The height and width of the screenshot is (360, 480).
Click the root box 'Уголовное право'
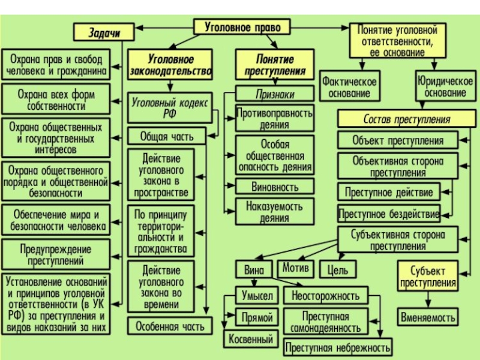pos(242,27)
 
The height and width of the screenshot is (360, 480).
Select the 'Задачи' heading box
pos(104,33)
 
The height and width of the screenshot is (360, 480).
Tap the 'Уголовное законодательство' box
pos(170,66)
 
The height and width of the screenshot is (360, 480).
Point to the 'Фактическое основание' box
pos(349,87)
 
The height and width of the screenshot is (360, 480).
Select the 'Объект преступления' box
pos(398,141)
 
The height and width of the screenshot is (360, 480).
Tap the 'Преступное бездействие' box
pos(389,213)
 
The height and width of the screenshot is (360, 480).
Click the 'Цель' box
pos(338,269)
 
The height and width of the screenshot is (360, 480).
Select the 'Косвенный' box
pos(251,340)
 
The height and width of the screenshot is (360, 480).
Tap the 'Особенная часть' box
pos(170,326)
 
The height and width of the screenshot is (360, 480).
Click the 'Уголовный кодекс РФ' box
pos(170,108)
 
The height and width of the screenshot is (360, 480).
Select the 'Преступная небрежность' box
pos(338,347)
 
